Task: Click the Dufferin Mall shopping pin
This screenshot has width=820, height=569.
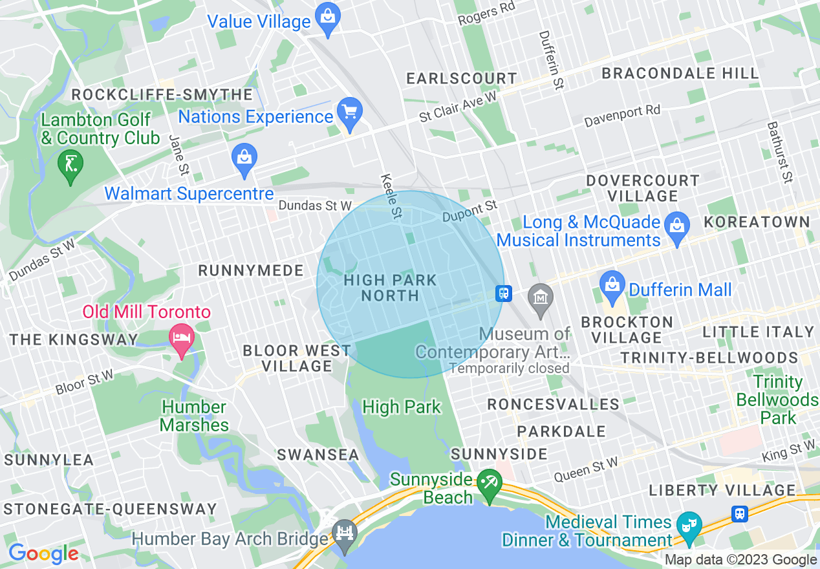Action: [611, 285]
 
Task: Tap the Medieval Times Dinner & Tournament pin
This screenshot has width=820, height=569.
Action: [689, 525]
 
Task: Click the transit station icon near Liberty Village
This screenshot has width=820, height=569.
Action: [740, 513]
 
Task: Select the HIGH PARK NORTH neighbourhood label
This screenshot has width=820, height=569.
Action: [391, 288]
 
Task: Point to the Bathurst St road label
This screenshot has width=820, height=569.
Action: [779, 152]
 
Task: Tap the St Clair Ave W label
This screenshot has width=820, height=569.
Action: [458, 106]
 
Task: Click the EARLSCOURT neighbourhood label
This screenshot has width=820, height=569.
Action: [461, 79]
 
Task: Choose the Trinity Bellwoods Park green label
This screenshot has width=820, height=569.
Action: [777, 400]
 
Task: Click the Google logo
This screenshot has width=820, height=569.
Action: [43, 553]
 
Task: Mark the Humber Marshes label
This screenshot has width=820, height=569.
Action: [194, 416]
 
